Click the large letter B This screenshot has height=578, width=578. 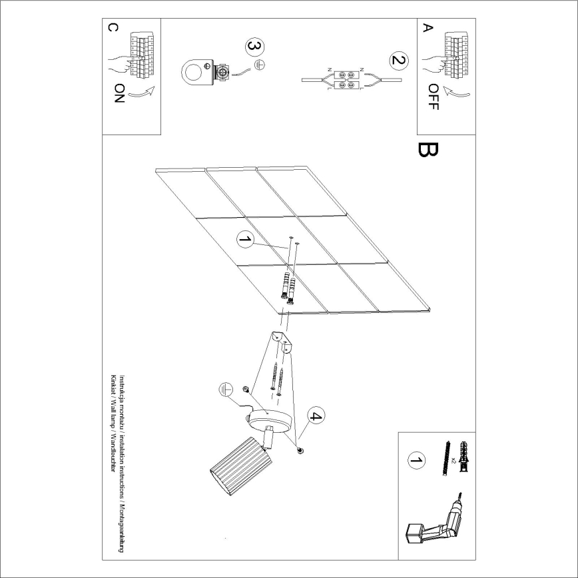427,150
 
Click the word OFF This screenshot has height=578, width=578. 433,97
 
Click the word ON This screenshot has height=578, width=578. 119,93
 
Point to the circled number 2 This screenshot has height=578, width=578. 398,61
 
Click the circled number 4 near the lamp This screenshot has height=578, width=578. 315,418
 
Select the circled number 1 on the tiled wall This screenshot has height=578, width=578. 246,240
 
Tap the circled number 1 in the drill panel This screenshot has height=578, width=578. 416,459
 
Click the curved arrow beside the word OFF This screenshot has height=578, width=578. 456,89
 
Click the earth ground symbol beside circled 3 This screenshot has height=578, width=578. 261,65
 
